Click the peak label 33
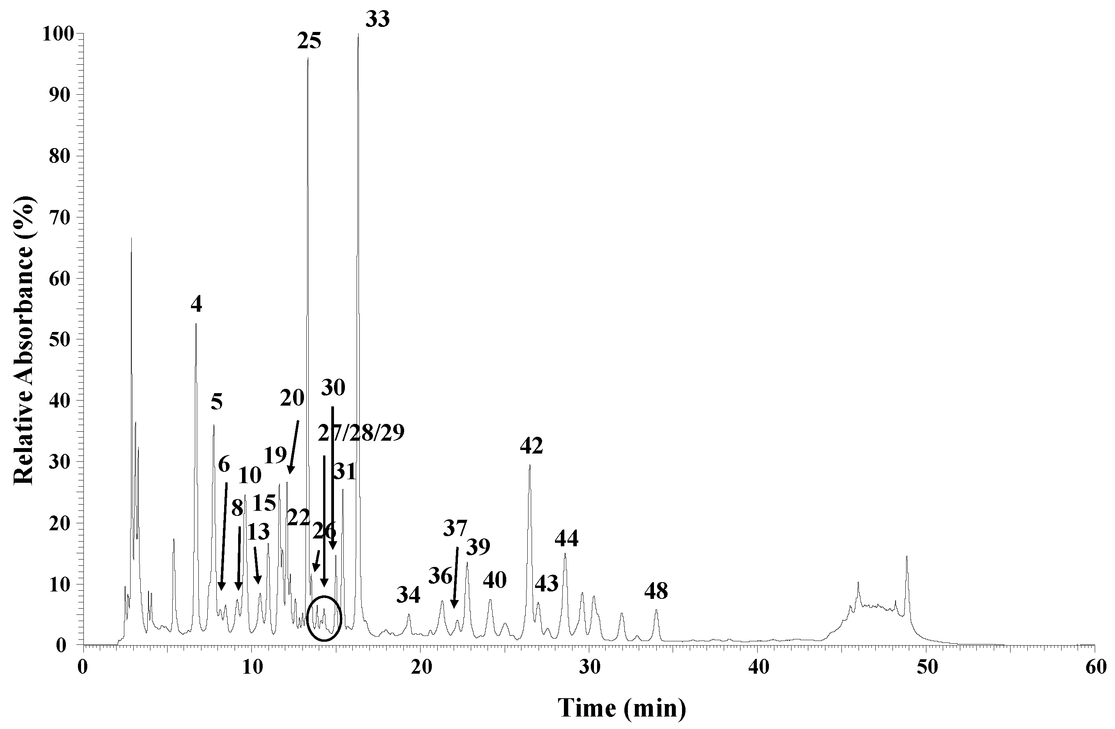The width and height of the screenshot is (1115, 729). [377, 20]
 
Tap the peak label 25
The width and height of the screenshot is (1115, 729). [309, 41]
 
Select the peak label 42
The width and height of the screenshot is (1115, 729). [531, 446]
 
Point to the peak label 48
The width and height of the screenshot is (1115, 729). [656, 592]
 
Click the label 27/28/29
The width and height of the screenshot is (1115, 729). [361, 433]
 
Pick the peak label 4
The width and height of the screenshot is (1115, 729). [196, 305]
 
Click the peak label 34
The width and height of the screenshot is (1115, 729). [408, 595]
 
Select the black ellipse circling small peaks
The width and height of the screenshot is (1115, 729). [324, 618]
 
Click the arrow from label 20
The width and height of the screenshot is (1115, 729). [294, 447]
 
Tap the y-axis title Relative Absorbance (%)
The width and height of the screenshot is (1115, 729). [23, 339]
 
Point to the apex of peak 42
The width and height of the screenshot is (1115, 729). [529, 465]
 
